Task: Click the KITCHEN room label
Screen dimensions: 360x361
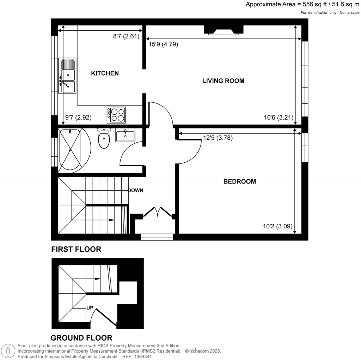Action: [x=105, y=73]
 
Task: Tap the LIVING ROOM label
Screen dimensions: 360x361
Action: [x=223, y=81]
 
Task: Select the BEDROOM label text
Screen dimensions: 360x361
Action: [x=239, y=181]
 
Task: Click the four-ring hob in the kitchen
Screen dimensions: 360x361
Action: [x=116, y=115]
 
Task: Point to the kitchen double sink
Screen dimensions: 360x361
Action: [x=67, y=76]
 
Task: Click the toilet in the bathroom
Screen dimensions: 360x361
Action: [x=104, y=138]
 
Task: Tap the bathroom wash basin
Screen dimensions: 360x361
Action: [x=125, y=136]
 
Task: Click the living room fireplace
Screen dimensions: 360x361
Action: [x=224, y=30]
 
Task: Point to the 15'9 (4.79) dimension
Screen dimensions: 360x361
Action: [x=163, y=44]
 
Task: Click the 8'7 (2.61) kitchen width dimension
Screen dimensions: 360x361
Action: [x=127, y=36]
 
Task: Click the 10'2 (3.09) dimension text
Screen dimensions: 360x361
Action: [x=278, y=227]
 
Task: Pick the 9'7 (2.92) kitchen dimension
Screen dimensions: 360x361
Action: [x=79, y=118]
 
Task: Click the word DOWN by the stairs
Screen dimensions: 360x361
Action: [x=135, y=191]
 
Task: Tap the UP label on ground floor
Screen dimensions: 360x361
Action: [x=90, y=307]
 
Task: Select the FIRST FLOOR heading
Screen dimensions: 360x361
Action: [x=76, y=249]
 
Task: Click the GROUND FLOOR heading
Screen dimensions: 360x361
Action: [x=81, y=338]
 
